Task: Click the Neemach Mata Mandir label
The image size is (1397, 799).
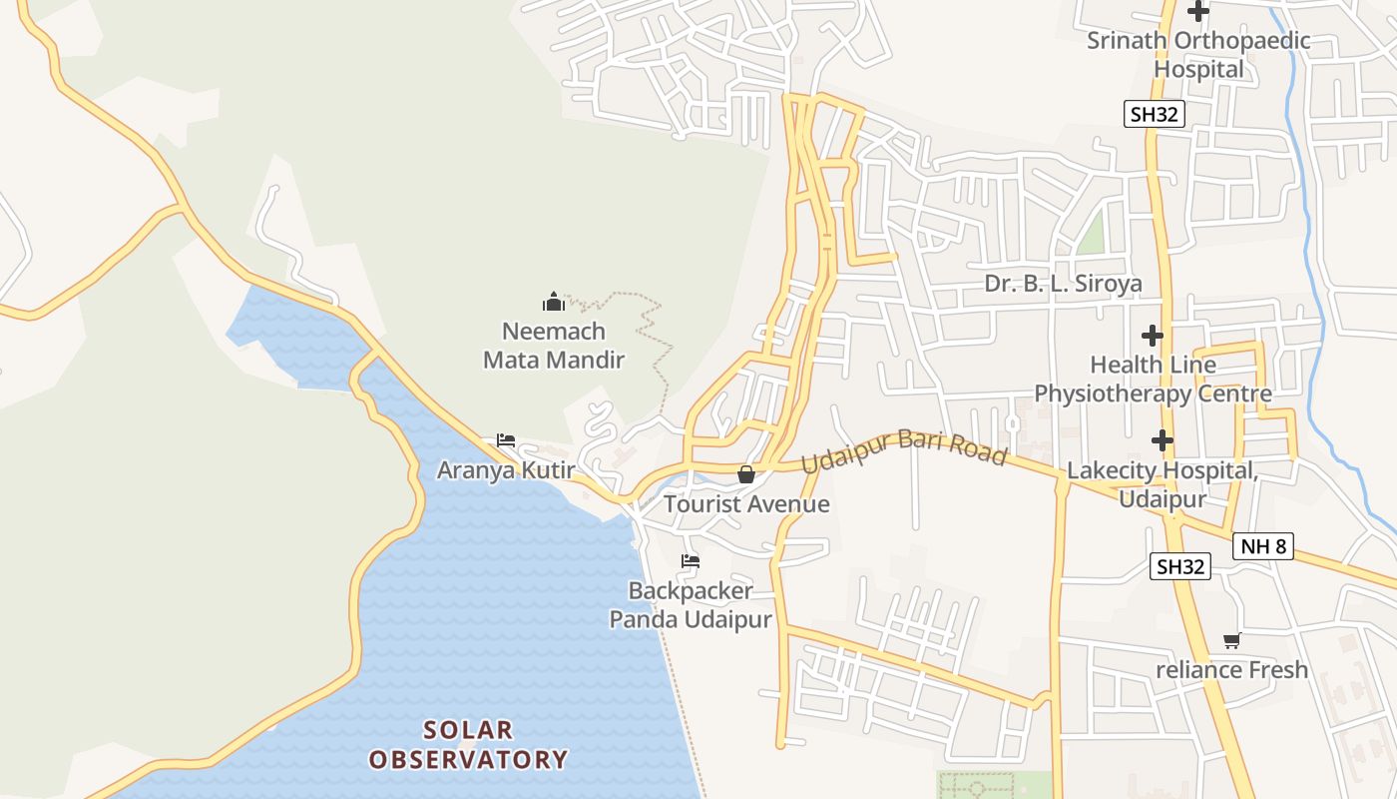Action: pyautogui.click(x=554, y=346)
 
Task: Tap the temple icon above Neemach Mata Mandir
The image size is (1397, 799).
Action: pyautogui.click(x=554, y=301)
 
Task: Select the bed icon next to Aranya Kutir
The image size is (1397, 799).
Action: pyautogui.click(x=506, y=440)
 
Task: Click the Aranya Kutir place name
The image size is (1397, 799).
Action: pyautogui.click(x=506, y=469)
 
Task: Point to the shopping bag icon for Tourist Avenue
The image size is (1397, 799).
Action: pyautogui.click(x=745, y=474)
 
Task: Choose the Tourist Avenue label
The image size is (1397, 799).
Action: pyautogui.click(x=746, y=503)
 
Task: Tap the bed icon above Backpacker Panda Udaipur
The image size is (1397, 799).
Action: pyautogui.click(x=690, y=560)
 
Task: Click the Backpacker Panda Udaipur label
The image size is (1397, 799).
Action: pyautogui.click(x=691, y=605)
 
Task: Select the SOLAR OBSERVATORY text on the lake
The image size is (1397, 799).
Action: pyautogui.click(x=468, y=745)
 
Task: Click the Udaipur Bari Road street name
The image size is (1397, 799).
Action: pyautogui.click(x=904, y=448)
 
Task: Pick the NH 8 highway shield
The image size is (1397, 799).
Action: pyautogui.click(x=1263, y=546)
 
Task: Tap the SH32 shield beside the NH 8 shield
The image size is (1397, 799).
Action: pyautogui.click(x=1179, y=566)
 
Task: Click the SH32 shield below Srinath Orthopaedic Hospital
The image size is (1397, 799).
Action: pyautogui.click(x=1155, y=114)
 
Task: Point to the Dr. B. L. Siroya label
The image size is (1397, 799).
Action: pyautogui.click(x=1063, y=284)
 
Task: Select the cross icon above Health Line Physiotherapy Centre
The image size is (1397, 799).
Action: pyautogui.click(x=1153, y=335)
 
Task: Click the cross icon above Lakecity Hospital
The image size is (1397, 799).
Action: pyautogui.click(x=1162, y=439)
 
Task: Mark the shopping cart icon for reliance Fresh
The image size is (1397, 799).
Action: pyautogui.click(x=1231, y=640)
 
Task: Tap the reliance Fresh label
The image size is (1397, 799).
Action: pyautogui.click(x=1231, y=669)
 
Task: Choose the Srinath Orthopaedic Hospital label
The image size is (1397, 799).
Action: pyautogui.click(x=1198, y=55)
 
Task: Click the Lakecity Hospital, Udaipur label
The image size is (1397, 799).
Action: pyautogui.click(x=1162, y=483)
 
